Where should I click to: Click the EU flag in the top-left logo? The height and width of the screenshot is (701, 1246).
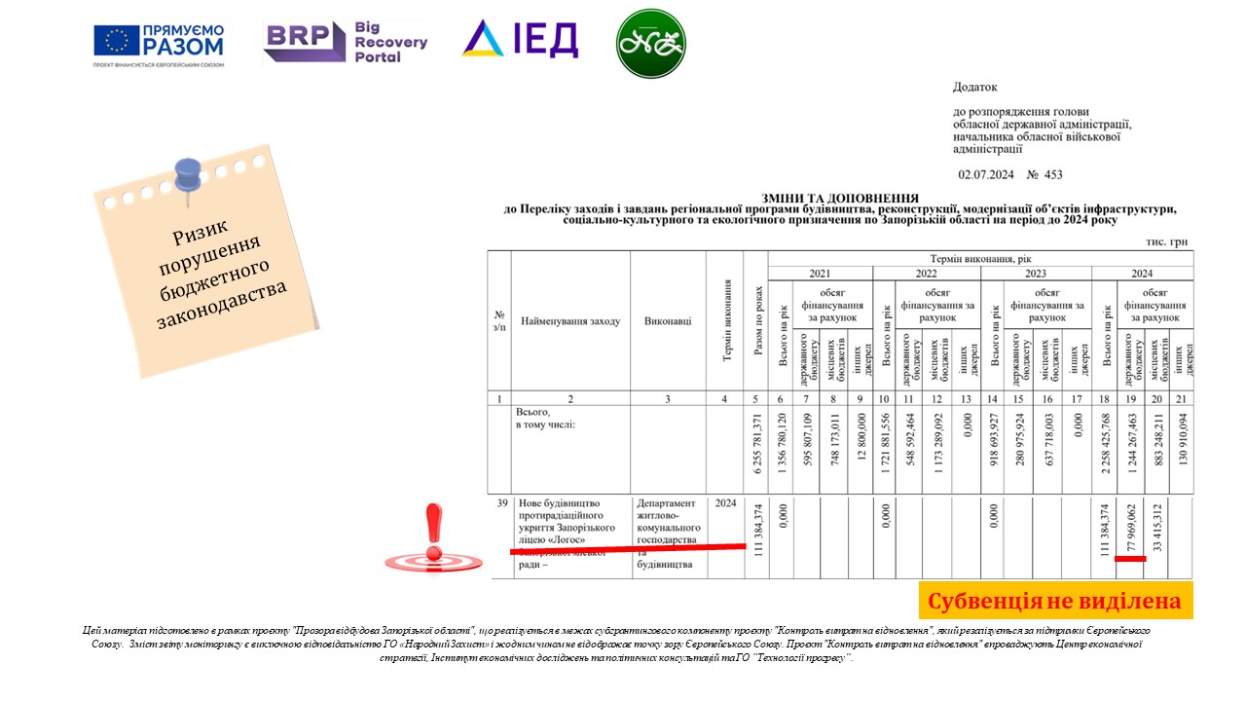point(117,41)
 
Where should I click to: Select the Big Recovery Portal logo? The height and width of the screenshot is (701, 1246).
point(346,42)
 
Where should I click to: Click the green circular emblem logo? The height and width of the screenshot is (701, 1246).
point(651,44)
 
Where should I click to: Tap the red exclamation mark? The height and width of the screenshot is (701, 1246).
point(433,535)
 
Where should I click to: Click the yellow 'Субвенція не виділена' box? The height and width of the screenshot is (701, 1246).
point(1055,601)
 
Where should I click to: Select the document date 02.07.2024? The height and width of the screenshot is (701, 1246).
point(986,175)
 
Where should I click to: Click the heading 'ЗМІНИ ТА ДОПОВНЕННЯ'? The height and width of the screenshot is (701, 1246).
point(841,197)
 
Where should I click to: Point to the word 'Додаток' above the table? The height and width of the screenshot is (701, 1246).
point(975,88)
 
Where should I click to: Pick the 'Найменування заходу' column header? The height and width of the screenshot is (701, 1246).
point(570,321)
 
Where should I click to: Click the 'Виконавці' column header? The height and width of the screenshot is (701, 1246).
point(668,321)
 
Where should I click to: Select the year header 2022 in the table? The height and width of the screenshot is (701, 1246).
point(926,274)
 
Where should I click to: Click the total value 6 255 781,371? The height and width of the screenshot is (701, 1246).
point(756,449)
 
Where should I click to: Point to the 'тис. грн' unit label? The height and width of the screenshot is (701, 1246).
point(1166,242)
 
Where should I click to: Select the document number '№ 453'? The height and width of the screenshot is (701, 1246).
point(1044,175)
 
